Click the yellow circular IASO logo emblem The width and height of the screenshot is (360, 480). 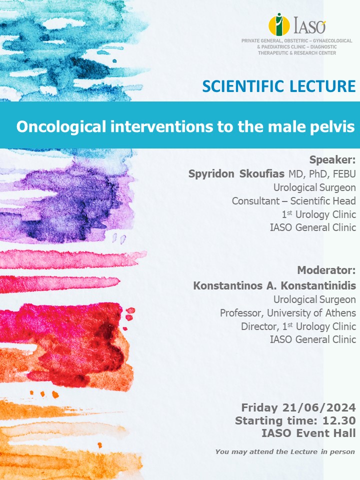point(279,24)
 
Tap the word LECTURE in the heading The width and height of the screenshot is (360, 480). point(322,86)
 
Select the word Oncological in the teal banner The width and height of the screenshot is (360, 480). point(61,126)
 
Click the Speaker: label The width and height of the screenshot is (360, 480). point(332,160)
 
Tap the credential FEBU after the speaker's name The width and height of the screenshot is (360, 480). point(344,174)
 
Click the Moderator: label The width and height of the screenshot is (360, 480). point(326,270)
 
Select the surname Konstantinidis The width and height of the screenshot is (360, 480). point(318,285)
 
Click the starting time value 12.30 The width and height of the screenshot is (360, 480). point(339,420)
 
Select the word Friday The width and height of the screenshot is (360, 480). point(259,408)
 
